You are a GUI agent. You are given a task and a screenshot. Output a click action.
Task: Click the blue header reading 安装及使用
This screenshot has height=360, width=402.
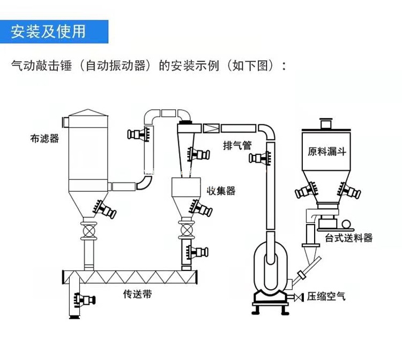pyautogui.click(x=54, y=32)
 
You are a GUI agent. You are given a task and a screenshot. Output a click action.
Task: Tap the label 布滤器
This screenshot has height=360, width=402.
pyautogui.click(x=44, y=139)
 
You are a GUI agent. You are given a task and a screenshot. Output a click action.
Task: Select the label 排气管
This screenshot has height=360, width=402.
pyautogui.click(x=237, y=146)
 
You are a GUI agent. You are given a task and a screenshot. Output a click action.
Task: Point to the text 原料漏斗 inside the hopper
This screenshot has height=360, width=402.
pyautogui.click(x=327, y=152)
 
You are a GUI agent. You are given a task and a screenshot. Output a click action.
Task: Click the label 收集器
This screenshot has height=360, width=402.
pyautogui.click(x=221, y=191)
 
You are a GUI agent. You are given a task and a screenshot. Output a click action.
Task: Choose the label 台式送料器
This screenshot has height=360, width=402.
pyautogui.click(x=349, y=238)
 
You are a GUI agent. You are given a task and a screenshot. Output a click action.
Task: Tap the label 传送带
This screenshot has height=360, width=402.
pyautogui.click(x=137, y=294)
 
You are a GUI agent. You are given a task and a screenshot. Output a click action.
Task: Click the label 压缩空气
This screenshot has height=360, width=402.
pyautogui.click(x=326, y=296)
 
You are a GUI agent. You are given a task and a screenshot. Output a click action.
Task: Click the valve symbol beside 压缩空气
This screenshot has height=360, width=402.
pyautogui.click(x=299, y=297)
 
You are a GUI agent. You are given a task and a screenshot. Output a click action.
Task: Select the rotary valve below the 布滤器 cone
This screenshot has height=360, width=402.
pyautogui.click(x=89, y=231)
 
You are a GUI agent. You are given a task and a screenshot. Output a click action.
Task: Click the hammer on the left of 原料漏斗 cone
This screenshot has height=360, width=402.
pyautogui.click(x=307, y=190)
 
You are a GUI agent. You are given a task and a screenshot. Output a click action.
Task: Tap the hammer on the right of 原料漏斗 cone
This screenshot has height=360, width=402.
pyautogui.click(x=349, y=190)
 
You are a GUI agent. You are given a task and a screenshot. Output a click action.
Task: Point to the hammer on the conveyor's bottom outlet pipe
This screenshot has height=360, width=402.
pyautogui.click(x=84, y=299)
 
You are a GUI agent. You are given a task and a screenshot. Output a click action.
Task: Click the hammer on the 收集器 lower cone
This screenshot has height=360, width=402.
pyautogui.click(x=201, y=208)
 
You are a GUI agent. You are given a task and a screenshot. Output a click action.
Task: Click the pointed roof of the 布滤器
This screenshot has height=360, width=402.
pyautogui.click(x=88, y=112)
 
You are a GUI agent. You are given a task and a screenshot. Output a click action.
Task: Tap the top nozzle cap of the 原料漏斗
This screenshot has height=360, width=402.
pyautogui.click(x=326, y=124)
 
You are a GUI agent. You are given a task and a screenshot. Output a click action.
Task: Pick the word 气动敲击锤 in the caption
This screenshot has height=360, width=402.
pyautogui.click(x=41, y=65)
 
